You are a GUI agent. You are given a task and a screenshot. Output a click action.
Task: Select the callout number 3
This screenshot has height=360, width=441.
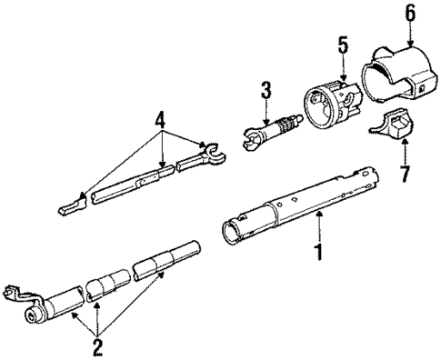click(x=266, y=91)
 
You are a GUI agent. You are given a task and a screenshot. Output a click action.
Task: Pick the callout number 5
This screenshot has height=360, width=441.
click(x=343, y=43)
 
